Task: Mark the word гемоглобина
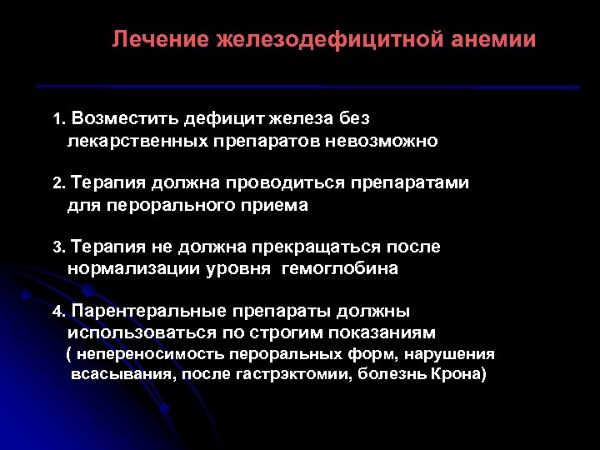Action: [x=340, y=268]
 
